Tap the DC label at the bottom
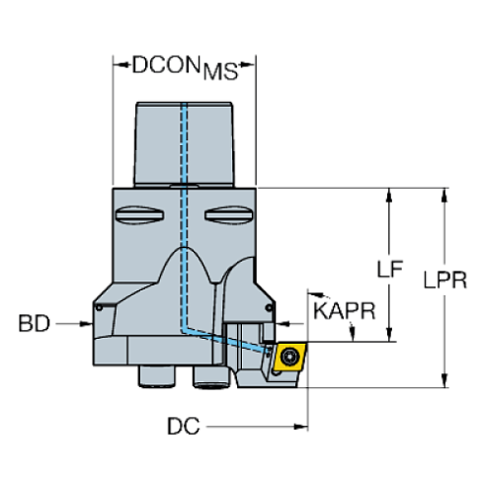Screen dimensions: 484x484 coord(183,427)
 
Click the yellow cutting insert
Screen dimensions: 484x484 coord(290,357)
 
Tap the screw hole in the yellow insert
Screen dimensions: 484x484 coord(290,357)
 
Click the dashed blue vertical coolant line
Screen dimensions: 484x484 coord(183,198)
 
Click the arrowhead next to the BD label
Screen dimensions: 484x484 coord(90,323)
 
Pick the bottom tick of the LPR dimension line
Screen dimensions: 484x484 coord(444,376)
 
